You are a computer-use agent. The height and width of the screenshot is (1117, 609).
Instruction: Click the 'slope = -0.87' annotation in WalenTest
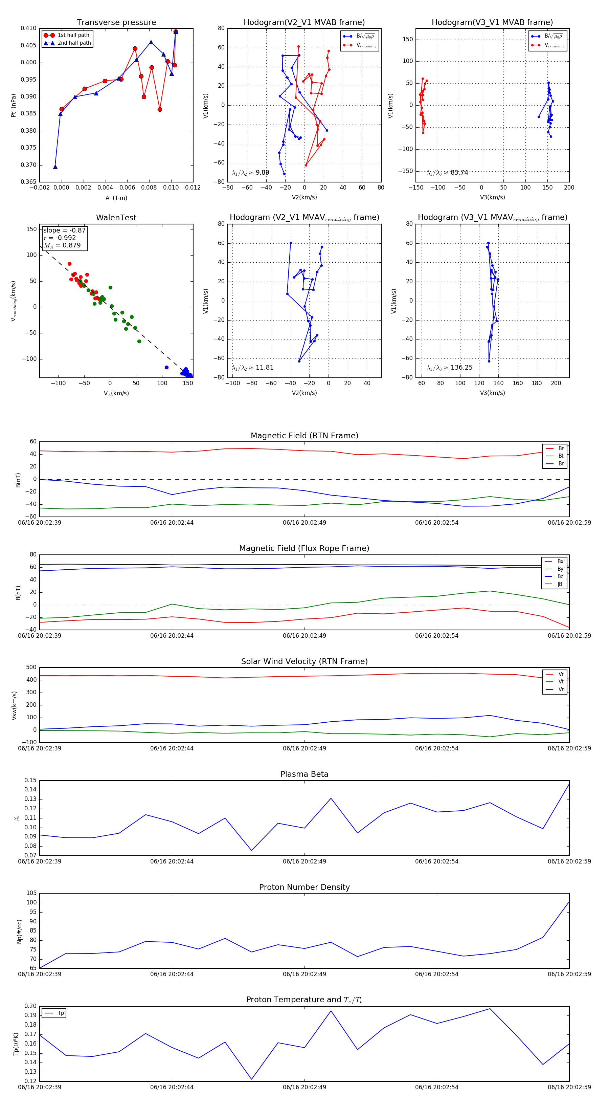coord(64,230)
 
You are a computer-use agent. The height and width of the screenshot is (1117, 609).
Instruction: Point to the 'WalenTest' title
coord(116,218)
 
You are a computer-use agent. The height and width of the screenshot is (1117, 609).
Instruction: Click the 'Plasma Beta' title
coord(304,774)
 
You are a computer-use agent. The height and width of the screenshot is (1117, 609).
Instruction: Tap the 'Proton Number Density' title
coord(304,887)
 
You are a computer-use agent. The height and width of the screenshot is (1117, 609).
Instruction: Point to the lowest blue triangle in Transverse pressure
coord(55,167)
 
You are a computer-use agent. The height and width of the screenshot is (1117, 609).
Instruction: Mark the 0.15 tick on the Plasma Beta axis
coord(30,780)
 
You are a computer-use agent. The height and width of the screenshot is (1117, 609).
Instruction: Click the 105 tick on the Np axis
coord(31,893)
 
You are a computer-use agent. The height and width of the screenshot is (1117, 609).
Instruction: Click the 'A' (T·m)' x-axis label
coord(116,198)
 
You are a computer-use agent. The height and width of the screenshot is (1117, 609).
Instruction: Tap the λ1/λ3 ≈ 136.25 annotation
coord(450,368)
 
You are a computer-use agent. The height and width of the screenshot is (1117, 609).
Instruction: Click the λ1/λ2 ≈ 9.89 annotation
coord(250,173)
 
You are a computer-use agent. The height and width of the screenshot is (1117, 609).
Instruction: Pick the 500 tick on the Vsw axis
coord(31,667)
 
